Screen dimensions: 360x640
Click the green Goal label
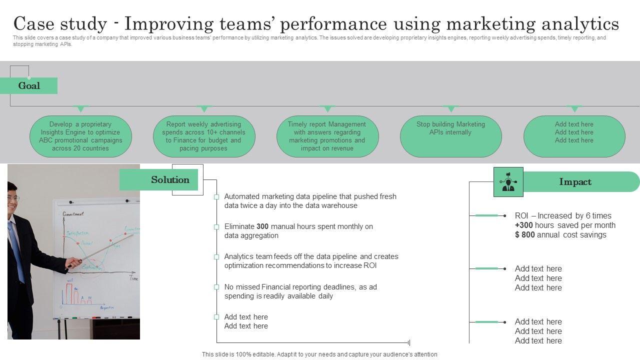pos(29,85)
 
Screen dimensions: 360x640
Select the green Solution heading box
pos(159,179)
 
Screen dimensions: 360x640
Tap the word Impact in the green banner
pos(575,182)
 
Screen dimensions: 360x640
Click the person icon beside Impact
pos(508,182)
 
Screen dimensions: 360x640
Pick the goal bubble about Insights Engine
pos(81,136)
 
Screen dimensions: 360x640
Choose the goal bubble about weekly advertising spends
pos(204,136)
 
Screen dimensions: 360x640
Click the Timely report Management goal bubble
pos(327,136)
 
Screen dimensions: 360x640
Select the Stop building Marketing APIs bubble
pos(450,136)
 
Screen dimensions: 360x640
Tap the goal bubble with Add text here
pos(574,136)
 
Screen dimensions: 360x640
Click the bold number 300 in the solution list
pos(262,226)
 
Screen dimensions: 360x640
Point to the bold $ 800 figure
pos(524,235)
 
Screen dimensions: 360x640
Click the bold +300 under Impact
pos(523,225)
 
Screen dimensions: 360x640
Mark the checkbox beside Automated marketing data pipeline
pos(216,197)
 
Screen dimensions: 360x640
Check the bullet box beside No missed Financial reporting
pos(216,287)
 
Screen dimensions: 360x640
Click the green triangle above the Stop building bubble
pos(450,108)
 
